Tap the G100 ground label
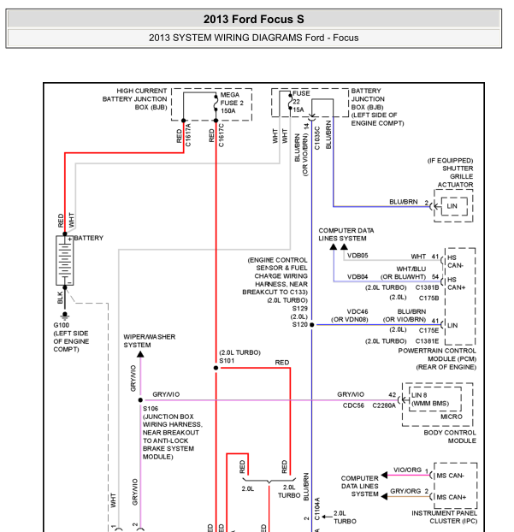62,326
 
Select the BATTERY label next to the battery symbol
89,238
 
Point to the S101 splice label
227,361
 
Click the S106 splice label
151,409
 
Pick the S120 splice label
299,325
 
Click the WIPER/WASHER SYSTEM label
150,340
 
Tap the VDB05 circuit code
357,256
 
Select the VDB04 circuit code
357,277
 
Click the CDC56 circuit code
353,405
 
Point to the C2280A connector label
384,405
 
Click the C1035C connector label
316,136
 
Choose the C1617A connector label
189,136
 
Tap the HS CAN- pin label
455,260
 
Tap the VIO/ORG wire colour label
407,470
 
